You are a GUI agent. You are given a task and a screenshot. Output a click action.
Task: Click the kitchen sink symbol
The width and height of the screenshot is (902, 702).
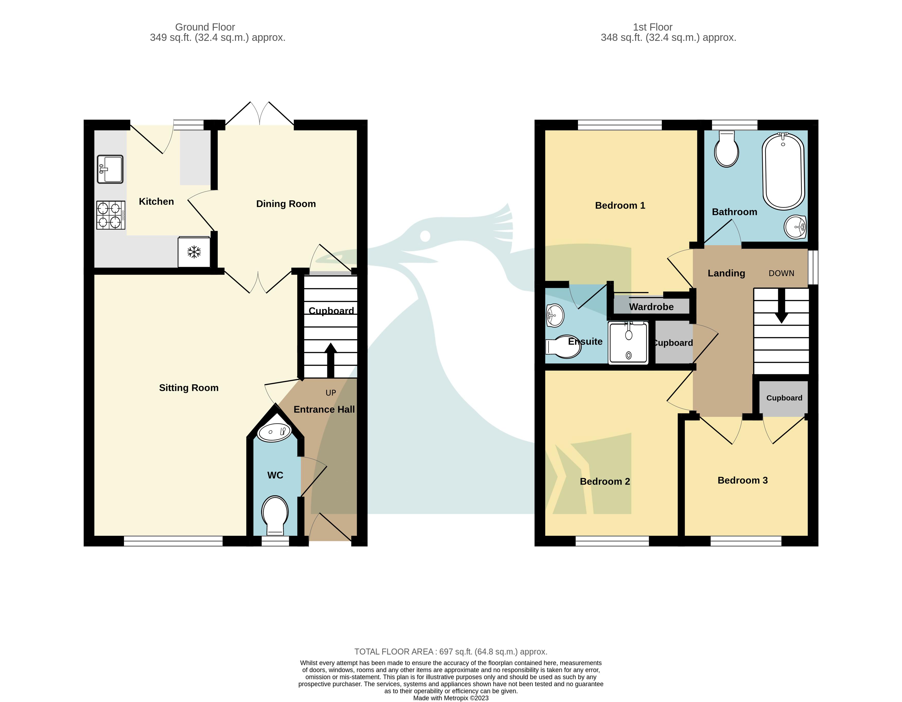[x=110, y=169]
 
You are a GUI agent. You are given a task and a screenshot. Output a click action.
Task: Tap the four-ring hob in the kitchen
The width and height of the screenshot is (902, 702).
[x=111, y=215]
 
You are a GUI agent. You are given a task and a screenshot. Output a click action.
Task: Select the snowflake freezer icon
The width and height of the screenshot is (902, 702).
[x=194, y=252]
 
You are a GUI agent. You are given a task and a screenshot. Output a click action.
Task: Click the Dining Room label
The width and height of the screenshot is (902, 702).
[x=286, y=204]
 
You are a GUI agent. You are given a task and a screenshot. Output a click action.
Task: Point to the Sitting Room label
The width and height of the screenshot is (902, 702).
[x=189, y=388]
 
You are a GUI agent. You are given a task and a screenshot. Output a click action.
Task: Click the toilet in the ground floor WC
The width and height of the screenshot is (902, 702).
[x=275, y=515]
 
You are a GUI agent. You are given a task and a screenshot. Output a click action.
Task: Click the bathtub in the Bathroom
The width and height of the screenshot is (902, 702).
[x=783, y=171]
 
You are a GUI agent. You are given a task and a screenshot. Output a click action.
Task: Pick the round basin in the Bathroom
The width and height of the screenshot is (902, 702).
[x=795, y=227]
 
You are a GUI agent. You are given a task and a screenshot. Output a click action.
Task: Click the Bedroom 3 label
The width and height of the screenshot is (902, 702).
[x=743, y=480]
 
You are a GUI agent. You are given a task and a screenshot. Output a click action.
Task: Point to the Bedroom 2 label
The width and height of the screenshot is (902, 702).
[x=605, y=482]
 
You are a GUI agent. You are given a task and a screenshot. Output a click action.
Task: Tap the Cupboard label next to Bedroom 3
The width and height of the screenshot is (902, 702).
[x=784, y=398]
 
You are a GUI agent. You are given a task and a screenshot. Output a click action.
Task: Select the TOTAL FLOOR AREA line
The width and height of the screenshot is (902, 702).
[x=451, y=652]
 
